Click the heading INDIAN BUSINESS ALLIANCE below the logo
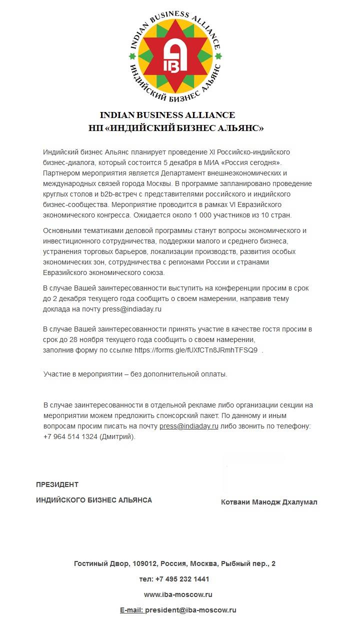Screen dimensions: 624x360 (x=167, y=115)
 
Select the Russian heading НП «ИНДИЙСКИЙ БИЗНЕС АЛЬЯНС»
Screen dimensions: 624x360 (x=175, y=128)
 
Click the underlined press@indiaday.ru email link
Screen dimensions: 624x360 (x=189, y=426)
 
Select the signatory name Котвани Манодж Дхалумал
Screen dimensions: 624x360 (x=269, y=502)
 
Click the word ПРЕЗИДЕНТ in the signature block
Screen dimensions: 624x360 (x=57, y=484)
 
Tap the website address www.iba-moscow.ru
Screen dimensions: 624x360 (x=178, y=594)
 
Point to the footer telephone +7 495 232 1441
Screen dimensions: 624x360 (x=182, y=579)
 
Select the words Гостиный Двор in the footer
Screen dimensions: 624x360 (x=101, y=563)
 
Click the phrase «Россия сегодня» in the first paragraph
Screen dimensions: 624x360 (x=252, y=162)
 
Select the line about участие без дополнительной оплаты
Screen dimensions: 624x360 (x=135, y=374)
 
